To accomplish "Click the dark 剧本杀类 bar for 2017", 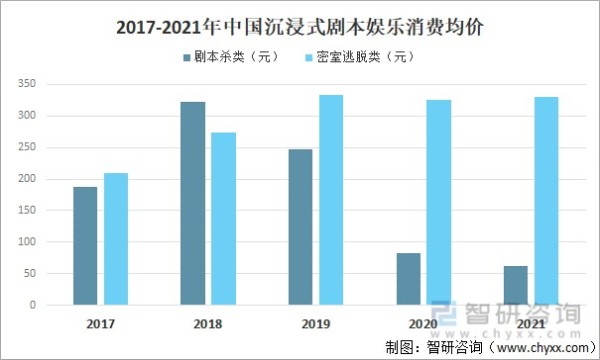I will tap(85, 246).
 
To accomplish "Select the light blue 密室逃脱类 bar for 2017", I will tap(116, 239).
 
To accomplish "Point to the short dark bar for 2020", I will tap(408, 279).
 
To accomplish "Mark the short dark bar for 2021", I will tap(516, 285).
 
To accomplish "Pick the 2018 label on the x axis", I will tap(208, 324).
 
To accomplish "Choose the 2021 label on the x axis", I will tap(531, 324).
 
